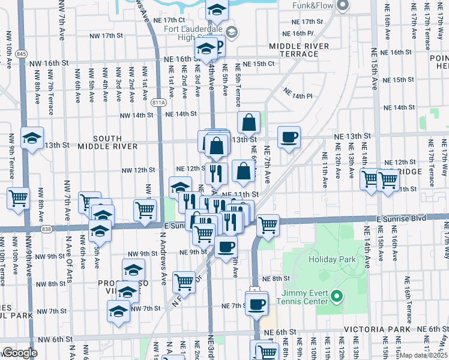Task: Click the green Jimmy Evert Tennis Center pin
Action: tap(336, 297)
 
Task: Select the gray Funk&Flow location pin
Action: tap(343, 5)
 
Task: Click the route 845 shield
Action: tap(22, 54)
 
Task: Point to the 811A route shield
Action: tap(158, 102)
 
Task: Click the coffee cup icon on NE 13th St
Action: tap(289, 137)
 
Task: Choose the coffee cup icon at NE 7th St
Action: tap(257, 304)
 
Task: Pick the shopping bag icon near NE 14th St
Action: tap(249, 123)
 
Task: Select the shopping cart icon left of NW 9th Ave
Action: tap(19, 197)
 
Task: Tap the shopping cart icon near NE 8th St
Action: tap(184, 281)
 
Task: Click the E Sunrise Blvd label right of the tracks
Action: tap(402, 218)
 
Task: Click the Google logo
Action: tap(20, 353)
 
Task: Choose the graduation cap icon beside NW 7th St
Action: tap(118, 311)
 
